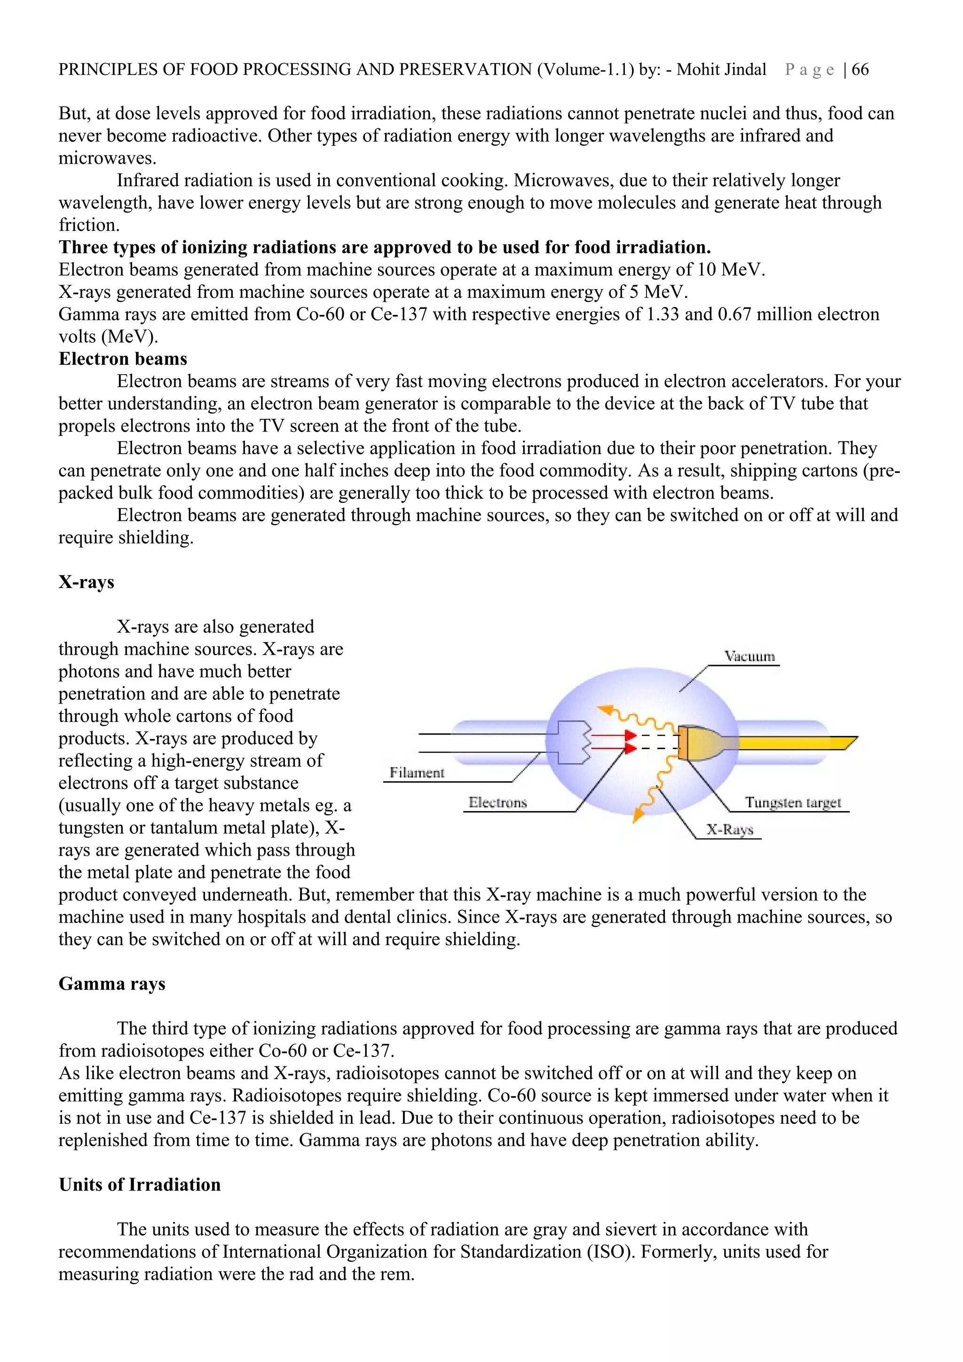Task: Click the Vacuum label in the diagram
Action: pyautogui.click(x=750, y=656)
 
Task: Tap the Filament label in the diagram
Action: pyautogui.click(x=417, y=772)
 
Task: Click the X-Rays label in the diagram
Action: pyautogui.click(x=729, y=830)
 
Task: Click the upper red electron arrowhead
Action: pyautogui.click(x=630, y=736)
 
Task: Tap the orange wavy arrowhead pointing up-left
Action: pyautogui.click(x=605, y=710)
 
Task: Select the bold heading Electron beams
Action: pyautogui.click(x=123, y=359)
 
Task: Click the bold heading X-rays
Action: pyautogui.click(x=86, y=582)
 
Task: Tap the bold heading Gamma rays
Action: pyautogui.click(x=111, y=984)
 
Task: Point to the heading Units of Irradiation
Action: pyautogui.click(x=140, y=1185)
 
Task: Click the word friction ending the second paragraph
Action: pyautogui.click(x=88, y=226)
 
